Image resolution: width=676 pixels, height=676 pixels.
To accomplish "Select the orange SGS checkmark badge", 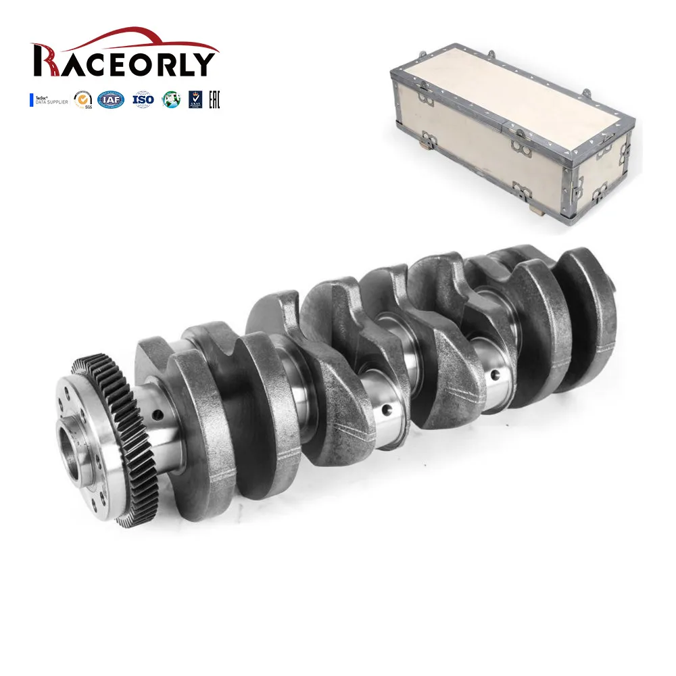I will click(83, 100).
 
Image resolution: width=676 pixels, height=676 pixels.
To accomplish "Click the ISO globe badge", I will click(143, 100).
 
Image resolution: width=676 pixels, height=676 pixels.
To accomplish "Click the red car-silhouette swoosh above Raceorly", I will click(128, 37).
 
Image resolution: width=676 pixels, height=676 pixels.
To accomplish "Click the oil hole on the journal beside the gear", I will click(157, 414).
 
